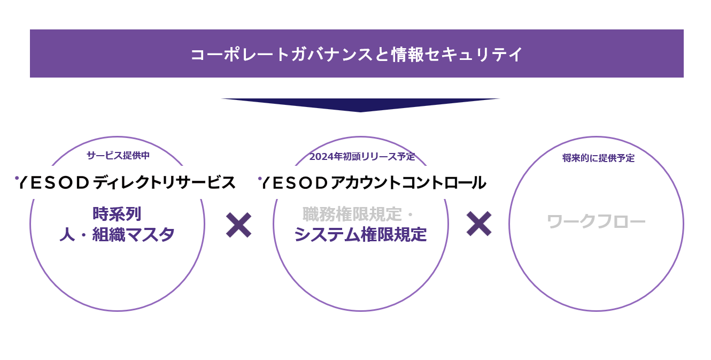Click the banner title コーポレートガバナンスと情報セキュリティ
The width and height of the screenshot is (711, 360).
point(357,54)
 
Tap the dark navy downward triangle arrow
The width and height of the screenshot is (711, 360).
point(360,104)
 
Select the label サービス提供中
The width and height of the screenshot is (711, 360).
point(118,156)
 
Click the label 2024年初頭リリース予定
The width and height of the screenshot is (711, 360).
point(362,157)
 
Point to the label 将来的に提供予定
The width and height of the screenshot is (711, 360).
point(598,158)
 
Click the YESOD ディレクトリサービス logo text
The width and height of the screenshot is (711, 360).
point(126,182)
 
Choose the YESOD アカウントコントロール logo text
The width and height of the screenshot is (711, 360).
point(373,182)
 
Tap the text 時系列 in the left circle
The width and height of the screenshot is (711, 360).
point(117,214)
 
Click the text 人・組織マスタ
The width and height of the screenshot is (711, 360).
point(117,234)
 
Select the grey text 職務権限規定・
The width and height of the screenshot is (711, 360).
point(358,215)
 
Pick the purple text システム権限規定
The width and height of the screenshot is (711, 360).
point(360,234)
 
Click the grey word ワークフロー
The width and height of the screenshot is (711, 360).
point(596,221)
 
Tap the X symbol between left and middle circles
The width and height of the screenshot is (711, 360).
point(238,225)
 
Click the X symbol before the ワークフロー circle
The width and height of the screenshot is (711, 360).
point(478,224)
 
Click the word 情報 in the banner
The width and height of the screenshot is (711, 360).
point(407,54)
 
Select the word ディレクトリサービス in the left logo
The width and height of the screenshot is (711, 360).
point(164,182)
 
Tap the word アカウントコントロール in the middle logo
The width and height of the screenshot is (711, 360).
point(408,182)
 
